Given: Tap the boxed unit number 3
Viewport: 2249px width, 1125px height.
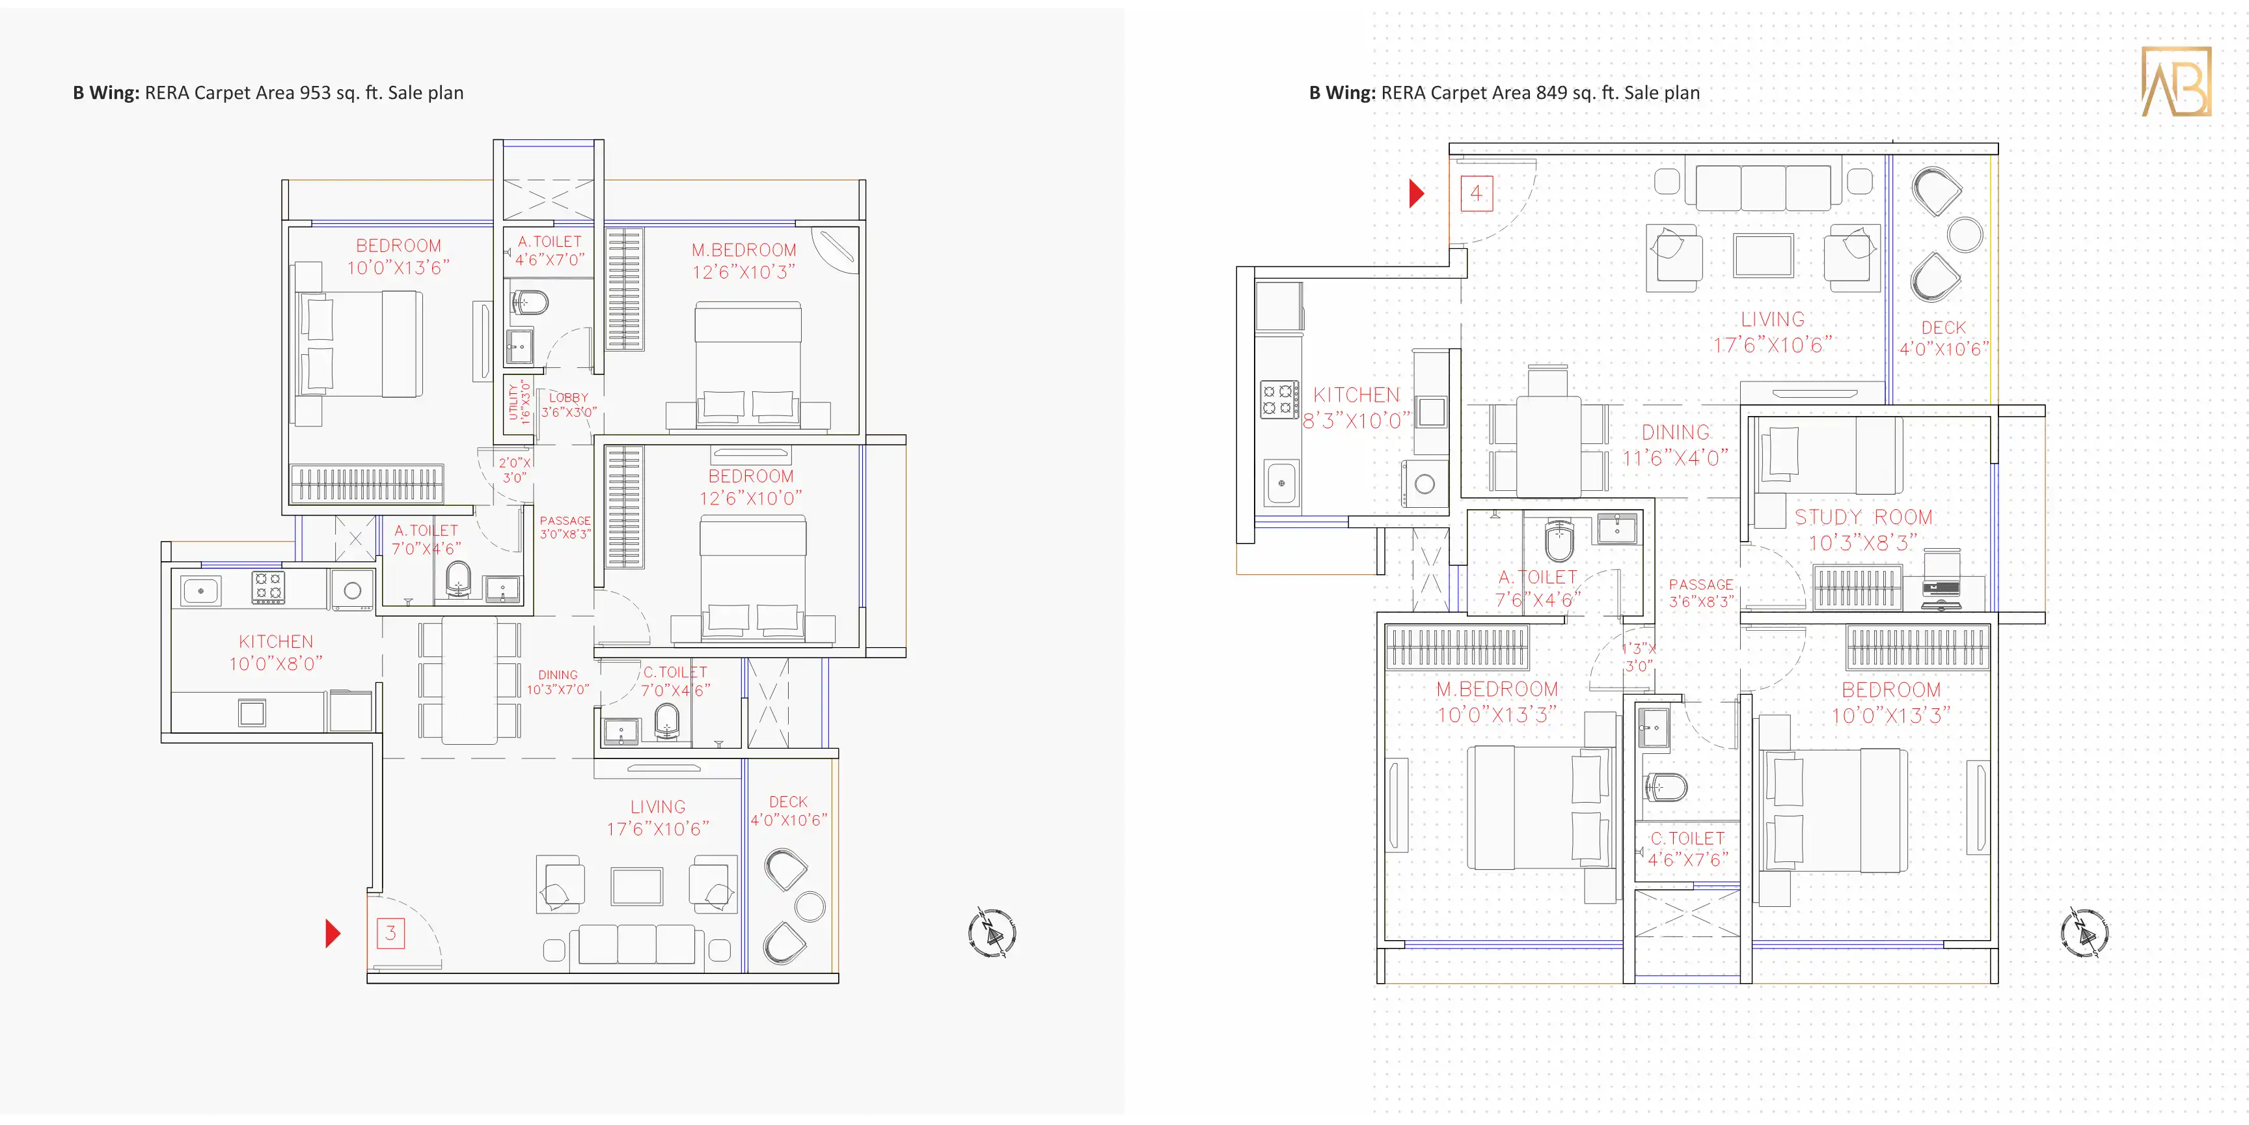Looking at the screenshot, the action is click(x=390, y=933).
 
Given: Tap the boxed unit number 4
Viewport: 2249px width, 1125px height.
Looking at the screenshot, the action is click(x=1477, y=193).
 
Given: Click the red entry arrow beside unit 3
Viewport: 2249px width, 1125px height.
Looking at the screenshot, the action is click(x=333, y=933).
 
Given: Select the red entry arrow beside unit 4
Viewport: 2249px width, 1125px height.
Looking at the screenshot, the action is click(x=1417, y=193).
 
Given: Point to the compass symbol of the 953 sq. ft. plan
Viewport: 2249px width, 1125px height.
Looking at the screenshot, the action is click(x=992, y=933).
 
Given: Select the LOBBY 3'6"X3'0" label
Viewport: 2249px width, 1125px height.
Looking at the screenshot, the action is click(x=568, y=404).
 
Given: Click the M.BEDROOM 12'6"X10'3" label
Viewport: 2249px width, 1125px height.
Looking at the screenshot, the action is click(x=744, y=261).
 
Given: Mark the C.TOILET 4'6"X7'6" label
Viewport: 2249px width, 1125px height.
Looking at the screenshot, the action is click(x=1687, y=849).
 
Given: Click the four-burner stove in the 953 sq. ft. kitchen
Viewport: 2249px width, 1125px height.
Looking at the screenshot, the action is click(x=267, y=587).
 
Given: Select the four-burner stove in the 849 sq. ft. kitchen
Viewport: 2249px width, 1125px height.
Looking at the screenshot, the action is click(x=1279, y=399).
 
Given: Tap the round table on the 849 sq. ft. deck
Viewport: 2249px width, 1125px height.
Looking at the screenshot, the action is click(x=1965, y=235).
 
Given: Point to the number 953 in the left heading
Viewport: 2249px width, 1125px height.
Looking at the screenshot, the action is click(x=315, y=92).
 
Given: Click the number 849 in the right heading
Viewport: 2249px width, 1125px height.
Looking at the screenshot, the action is click(x=1551, y=92).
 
